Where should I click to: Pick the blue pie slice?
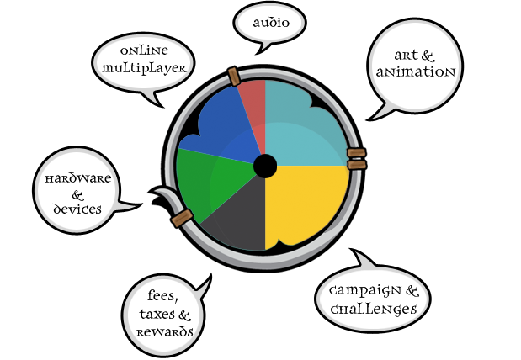click(x=219, y=130)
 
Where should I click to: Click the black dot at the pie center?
click(x=265, y=166)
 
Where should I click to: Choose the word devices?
click(x=78, y=208)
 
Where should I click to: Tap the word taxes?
click(x=152, y=315)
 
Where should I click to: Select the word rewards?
click(x=165, y=331)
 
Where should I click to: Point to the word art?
click(x=402, y=56)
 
